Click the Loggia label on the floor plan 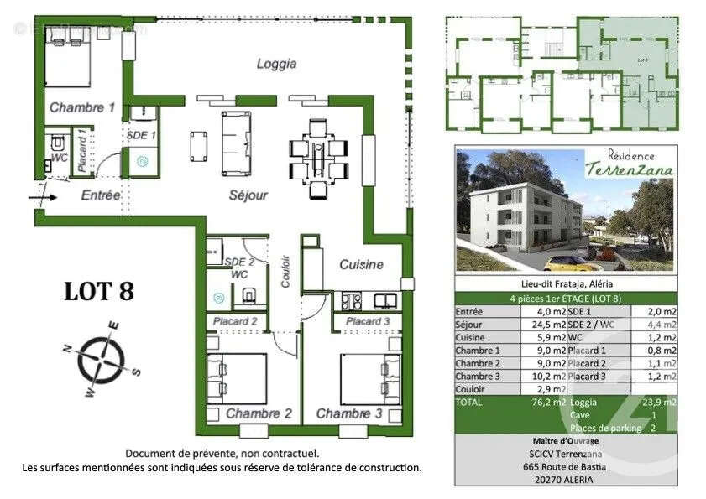point(276,63)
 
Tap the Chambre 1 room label point(81,107)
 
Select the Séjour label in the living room point(248,195)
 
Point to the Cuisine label point(361,264)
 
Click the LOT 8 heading point(99,291)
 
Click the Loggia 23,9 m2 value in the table point(657,402)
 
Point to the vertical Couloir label point(285,271)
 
